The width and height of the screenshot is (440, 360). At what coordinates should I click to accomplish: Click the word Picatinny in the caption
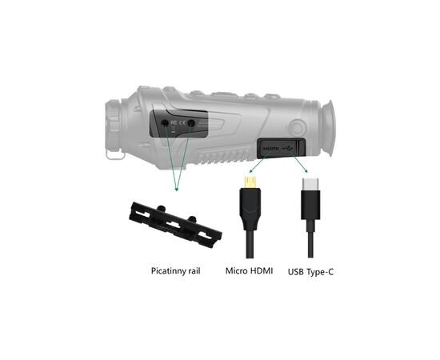(x=169, y=271)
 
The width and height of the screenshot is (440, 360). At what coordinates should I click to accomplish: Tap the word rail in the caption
(x=195, y=270)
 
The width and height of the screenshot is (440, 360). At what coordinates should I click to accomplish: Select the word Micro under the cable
(x=237, y=270)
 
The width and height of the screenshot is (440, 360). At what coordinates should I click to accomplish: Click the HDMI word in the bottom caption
(x=262, y=270)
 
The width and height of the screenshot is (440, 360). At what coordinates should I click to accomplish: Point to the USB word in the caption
(x=296, y=272)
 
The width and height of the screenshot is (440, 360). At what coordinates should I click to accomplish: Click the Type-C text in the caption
(x=320, y=272)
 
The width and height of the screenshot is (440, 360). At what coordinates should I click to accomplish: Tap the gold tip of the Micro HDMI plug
(x=250, y=182)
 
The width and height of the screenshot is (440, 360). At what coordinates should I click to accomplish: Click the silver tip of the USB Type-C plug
(x=310, y=184)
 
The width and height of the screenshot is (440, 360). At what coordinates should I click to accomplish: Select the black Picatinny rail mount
(x=175, y=225)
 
